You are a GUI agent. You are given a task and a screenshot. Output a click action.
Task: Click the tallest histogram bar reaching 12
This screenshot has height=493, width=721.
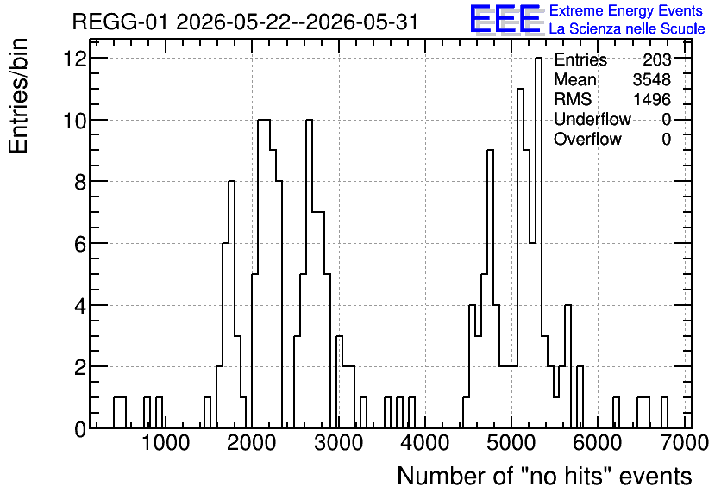tap(538, 243)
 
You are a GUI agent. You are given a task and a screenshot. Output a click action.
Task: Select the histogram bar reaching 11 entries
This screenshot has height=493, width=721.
tap(521, 259)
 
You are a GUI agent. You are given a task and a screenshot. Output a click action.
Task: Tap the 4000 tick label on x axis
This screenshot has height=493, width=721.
tap(425, 443)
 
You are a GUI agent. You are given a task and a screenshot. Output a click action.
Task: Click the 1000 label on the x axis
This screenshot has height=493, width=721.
tap(166, 443)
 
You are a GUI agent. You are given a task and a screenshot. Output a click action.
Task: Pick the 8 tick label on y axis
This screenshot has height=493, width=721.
tap(80, 182)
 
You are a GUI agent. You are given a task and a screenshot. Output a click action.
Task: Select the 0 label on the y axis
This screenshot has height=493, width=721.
tap(80, 429)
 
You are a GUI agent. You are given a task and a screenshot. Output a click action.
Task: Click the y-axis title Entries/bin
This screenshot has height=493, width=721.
tap(18, 96)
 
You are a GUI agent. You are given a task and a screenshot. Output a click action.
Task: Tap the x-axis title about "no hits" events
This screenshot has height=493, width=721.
tap(544, 476)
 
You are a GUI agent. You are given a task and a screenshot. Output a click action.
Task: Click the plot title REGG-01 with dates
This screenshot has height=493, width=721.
tap(246, 22)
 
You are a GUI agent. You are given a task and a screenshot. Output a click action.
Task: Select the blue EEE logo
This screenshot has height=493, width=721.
tap(506, 19)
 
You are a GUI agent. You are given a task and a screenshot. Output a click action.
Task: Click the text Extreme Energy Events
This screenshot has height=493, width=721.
tap(626, 10)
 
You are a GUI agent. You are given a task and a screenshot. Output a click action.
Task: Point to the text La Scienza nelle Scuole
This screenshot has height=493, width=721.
tap(627, 28)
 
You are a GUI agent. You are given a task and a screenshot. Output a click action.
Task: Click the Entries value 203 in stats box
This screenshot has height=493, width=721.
tap(657, 59)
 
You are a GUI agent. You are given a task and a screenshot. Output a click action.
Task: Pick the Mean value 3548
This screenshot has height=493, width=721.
tap(652, 79)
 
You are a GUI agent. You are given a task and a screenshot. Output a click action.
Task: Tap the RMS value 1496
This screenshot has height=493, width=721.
tap(652, 99)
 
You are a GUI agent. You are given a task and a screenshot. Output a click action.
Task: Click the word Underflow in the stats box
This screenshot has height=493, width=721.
tap(592, 119)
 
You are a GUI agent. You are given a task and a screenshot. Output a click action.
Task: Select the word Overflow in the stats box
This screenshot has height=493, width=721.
tap(587, 139)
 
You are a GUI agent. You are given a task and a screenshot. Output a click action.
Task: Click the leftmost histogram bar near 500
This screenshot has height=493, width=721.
tap(120, 413)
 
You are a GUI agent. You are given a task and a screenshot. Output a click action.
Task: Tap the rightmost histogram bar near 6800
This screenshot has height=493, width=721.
tap(664, 413)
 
